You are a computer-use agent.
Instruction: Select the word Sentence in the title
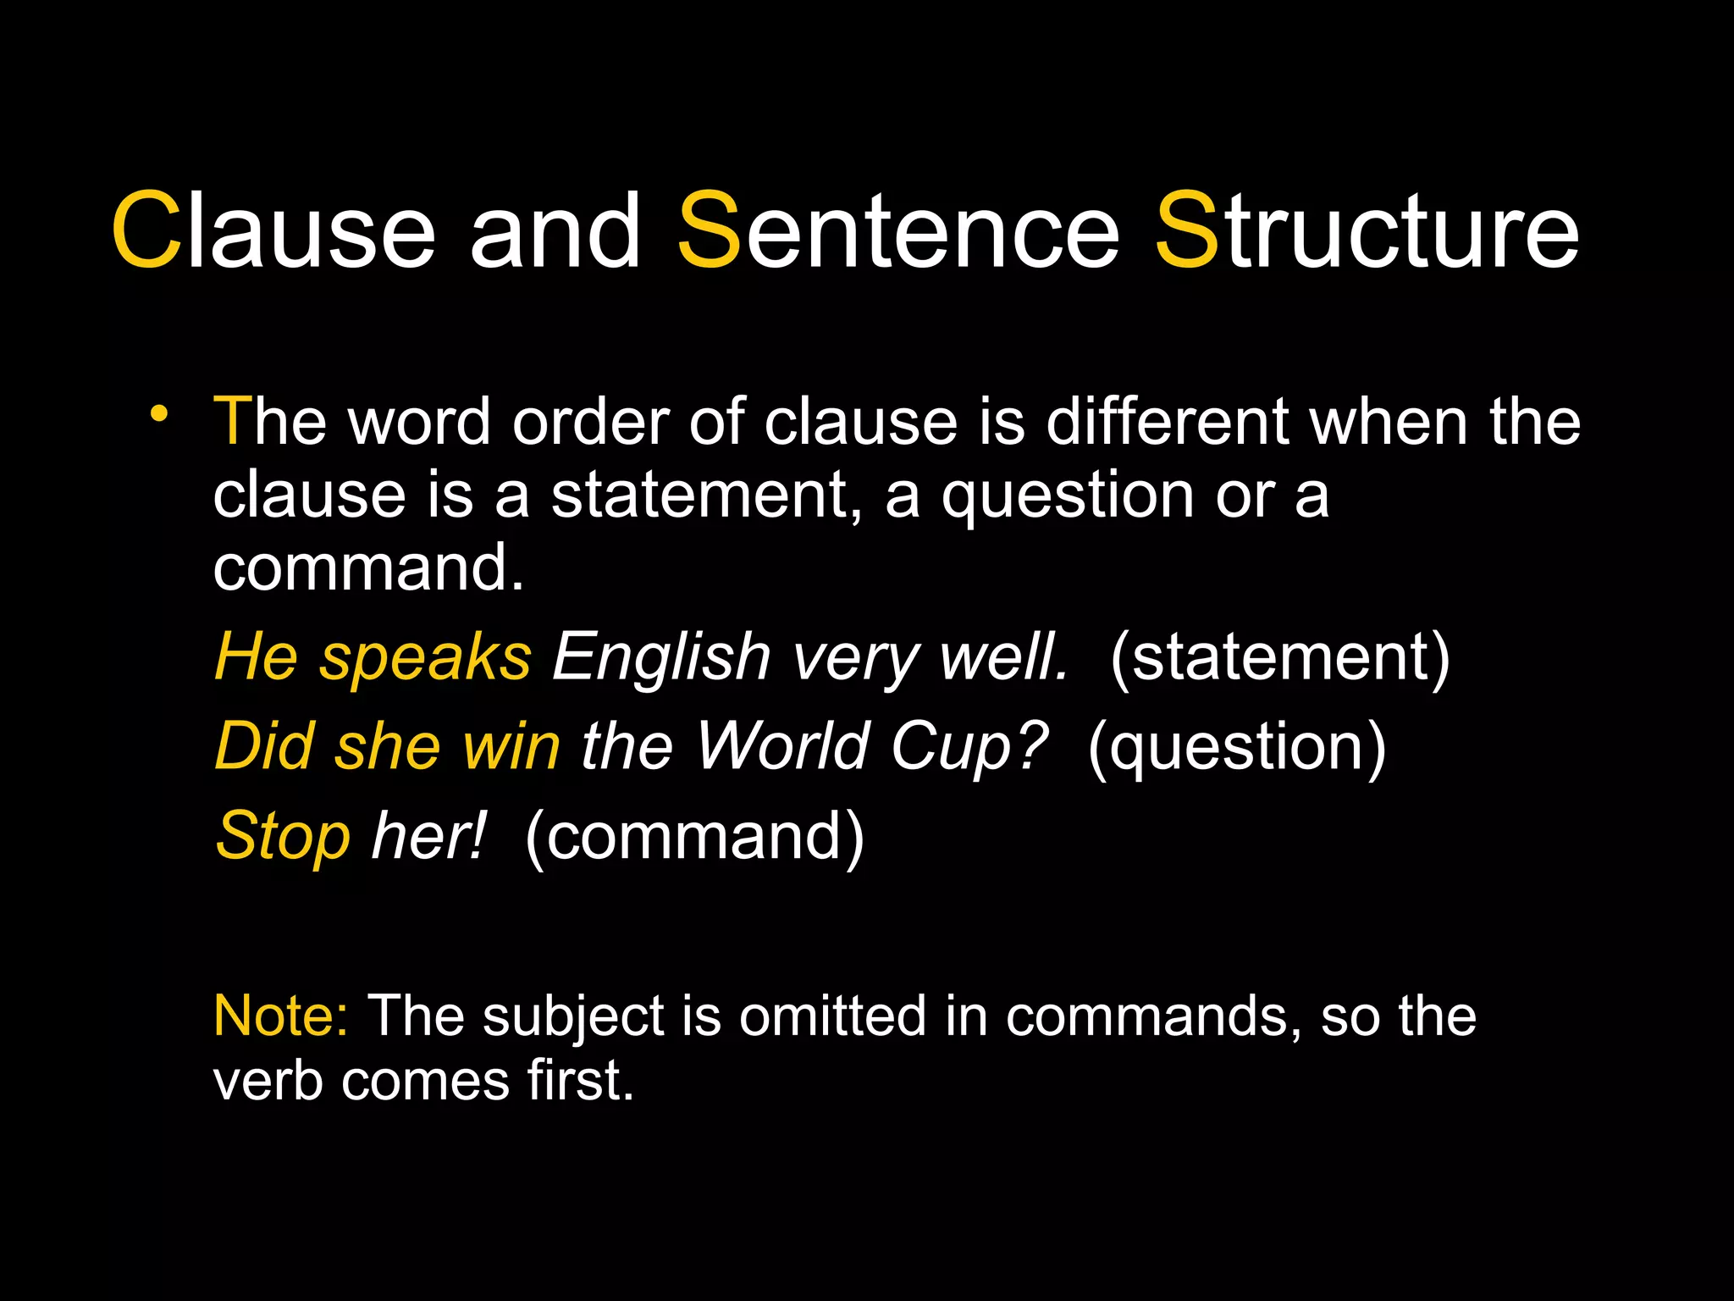tap(897, 230)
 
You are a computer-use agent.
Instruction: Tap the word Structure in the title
tap(1367, 230)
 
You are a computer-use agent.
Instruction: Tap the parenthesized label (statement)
tap(1279, 658)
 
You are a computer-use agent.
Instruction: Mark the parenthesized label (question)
tap(1237, 748)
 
